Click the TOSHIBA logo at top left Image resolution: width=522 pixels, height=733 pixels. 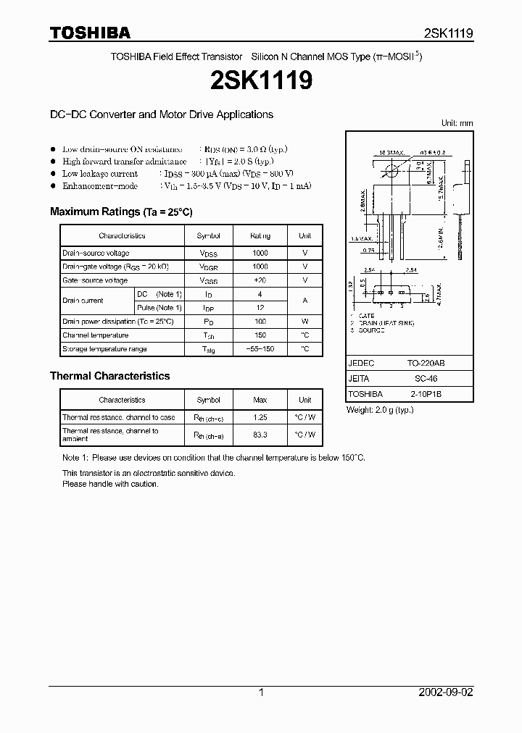point(89,33)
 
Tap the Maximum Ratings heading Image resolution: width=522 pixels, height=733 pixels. point(120,211)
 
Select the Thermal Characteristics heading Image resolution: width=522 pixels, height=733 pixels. point(109,376)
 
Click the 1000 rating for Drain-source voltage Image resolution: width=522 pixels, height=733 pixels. point(260,253)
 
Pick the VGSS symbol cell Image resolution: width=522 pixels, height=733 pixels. point(208,280)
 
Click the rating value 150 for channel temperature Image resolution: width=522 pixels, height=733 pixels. point(260,335)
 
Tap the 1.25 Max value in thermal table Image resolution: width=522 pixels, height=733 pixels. point(260,417)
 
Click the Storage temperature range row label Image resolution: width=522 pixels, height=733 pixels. point(104,349)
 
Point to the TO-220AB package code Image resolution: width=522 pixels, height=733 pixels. point(423,364)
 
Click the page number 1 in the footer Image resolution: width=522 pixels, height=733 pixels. point(260,692)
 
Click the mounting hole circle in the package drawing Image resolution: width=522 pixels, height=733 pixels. point(392,171)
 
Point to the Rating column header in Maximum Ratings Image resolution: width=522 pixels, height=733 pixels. point(260,235)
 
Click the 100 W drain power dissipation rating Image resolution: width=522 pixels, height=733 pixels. point(260,322)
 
